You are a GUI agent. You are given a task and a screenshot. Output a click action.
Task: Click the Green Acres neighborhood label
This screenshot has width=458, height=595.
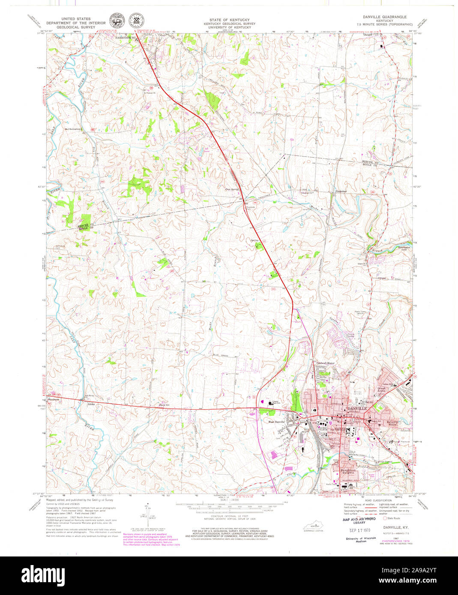(x=382, y=390)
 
